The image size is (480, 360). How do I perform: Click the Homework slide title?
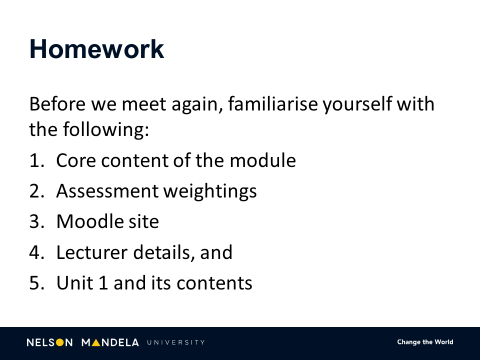coord(96,49)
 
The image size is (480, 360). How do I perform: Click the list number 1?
coord(35,161)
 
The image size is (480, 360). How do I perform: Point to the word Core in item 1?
coord(75,161)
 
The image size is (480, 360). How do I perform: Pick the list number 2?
coord(35,191)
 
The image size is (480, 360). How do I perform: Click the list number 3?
coord(35,222)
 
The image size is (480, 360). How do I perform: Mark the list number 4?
coord(35,252)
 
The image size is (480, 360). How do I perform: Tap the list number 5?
coord(35,283)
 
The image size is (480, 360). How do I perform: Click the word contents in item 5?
coord(214,283)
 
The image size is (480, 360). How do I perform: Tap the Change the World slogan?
coord(425,343)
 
